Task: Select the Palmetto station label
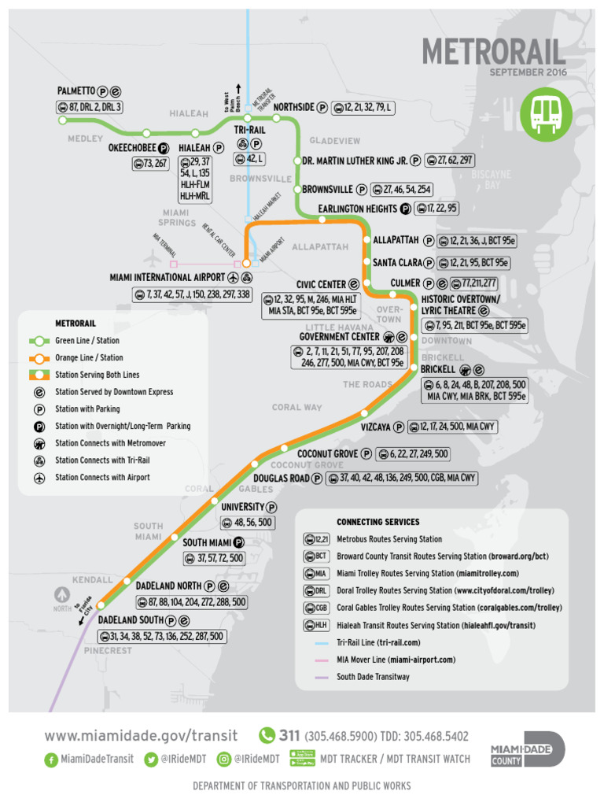[x=76, y=91]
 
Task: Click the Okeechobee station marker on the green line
[x=146, y=133]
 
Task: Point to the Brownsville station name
[x=328, y=190]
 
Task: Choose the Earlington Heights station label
[x=357, y=209]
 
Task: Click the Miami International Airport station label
[x=167, y=278]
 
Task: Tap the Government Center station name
[x=335, y=336]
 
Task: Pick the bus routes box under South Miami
[x=214, y=558]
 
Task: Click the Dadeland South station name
[x=131, y=620]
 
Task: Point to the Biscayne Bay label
[x=491, y=179]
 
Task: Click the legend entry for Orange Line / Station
[x=89, y=357]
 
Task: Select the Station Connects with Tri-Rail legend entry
[x=102, y=460]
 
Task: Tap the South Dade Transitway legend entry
[x=373, y=676]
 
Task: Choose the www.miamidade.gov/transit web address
[x=141, y=736]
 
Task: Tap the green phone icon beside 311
[x=267, y=735]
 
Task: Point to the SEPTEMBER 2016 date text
[x=528, y=72]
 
